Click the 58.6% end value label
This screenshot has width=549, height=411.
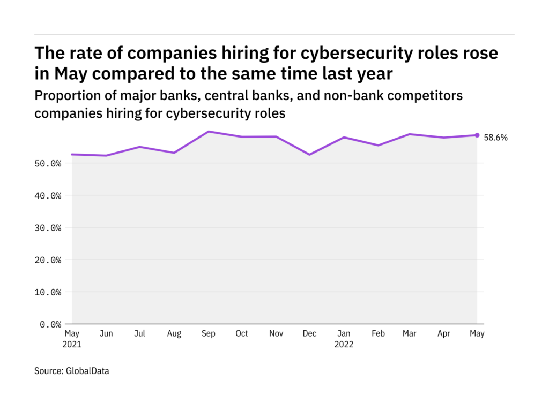click(x=495, y=138)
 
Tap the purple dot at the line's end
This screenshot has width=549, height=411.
click(x=477, y=135)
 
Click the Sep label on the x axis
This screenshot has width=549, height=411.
click(x=208, y=334)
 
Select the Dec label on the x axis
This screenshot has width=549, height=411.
click(x=309, y=334)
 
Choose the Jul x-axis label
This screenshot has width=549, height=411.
click(x=140, y=334)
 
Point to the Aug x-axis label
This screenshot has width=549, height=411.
click(x=174, y=334)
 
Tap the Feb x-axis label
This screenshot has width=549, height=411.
click(x=377, y=334)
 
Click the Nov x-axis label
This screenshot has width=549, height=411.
click(x=276, y=334)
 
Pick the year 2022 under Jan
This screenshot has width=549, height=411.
click(x=344, y=345)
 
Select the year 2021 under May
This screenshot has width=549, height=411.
click(x=72, y=345)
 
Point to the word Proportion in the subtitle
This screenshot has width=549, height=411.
click(x=63, y=96)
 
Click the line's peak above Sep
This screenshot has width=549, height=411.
click(x=208, y=131)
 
